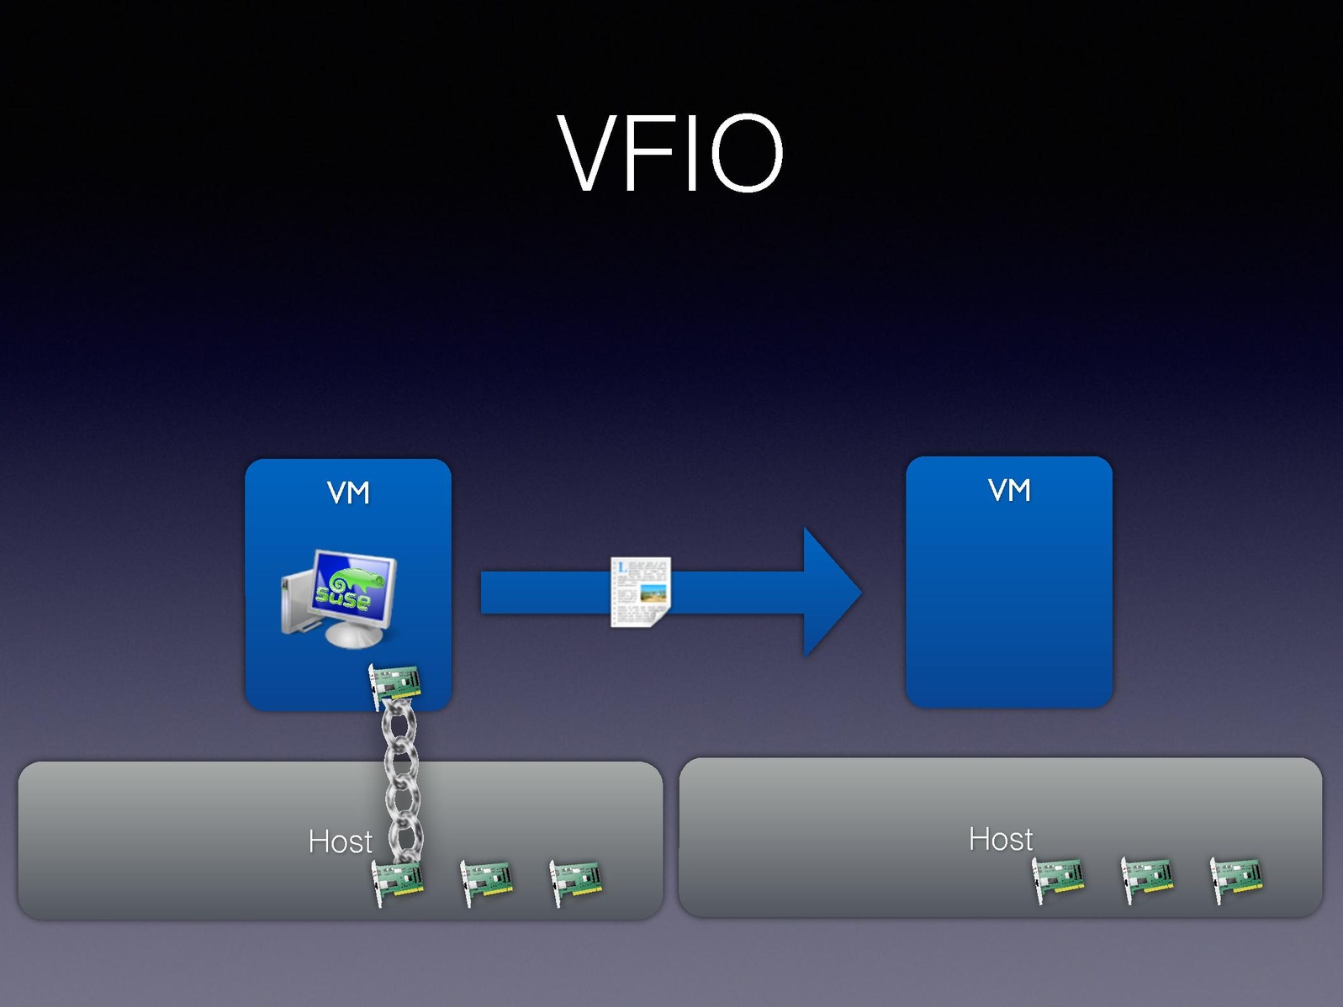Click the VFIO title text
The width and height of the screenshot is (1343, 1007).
[670, 154]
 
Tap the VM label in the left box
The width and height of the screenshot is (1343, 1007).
[348, 493]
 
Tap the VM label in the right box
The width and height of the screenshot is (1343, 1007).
[1009, 490]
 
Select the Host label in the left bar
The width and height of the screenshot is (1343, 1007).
[340, 841]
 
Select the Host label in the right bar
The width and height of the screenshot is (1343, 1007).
[1000, 839]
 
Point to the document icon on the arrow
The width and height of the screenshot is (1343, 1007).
[640, 592]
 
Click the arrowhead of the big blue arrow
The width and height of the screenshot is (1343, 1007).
[828, 592]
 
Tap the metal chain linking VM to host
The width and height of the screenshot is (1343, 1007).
[402, 782]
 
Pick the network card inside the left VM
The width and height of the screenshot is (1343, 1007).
[394, 684]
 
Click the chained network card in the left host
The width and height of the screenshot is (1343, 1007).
[398, 883]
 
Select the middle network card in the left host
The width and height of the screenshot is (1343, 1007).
[487, 883]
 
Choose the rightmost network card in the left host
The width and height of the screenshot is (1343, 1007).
[575, 883]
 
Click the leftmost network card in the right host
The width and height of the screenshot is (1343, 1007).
[1058, 880]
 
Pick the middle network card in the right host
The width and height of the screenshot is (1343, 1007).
[1147, 880]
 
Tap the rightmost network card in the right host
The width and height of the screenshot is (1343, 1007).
[1236, 880]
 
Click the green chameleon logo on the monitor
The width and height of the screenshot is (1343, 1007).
[354, 581]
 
